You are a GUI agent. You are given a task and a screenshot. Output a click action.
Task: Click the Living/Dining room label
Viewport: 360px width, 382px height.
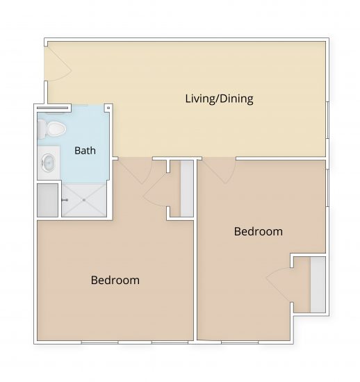pos(218,99)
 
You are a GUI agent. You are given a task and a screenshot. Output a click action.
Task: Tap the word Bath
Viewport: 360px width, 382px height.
pos(85,150)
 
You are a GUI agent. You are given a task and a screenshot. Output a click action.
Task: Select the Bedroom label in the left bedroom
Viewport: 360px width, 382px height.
pos(115,281)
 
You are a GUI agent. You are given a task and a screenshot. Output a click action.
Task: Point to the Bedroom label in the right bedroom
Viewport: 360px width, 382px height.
pos(258,231)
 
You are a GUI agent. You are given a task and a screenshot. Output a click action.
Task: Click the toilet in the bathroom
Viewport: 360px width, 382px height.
pos(52,127)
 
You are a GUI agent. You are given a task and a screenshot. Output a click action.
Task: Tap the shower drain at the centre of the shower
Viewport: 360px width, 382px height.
pos(85,200)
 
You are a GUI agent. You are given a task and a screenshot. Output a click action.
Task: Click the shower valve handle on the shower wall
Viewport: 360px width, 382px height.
pos(65,200)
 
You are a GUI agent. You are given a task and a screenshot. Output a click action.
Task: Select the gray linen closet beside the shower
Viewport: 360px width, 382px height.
pos(47,200)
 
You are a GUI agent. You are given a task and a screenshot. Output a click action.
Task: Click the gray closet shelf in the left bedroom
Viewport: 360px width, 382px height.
pos(186,188)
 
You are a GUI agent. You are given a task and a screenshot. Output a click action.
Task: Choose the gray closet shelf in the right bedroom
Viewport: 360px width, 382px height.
pos(318,284)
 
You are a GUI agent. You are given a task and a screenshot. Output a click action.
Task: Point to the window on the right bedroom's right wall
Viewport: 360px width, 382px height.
pos(326,188)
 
